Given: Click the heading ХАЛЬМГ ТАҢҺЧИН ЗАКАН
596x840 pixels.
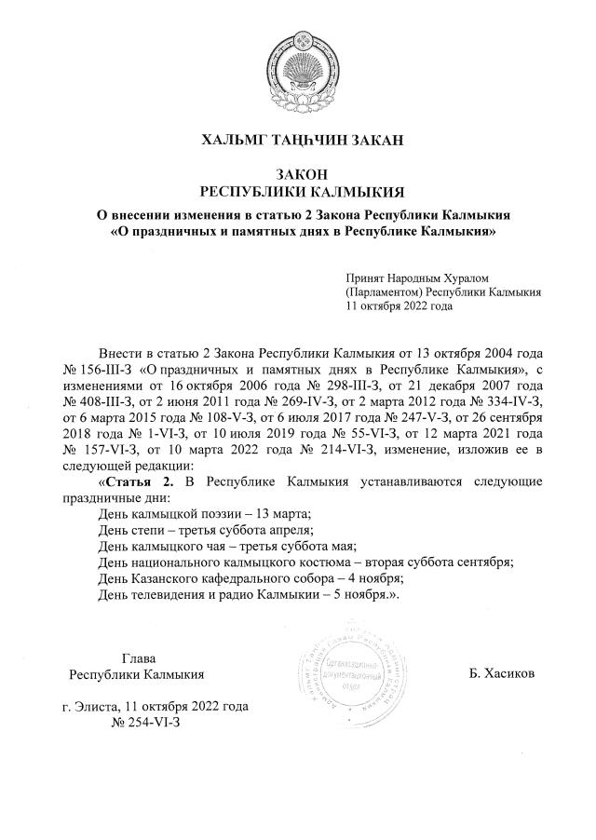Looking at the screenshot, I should coord(297,141).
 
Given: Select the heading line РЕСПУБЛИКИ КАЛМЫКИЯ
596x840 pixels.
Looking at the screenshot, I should coord(297,192).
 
